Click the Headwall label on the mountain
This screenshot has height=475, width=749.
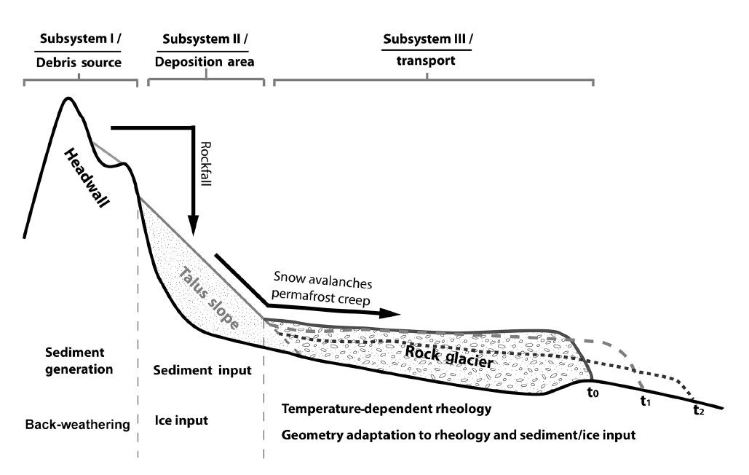tap(87, 178)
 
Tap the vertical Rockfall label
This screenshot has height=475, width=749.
tap(205, 164)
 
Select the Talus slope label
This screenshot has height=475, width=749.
tap(209, 298)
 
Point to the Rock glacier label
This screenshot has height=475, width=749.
tap(449, 356)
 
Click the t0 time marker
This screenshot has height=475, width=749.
tap(593, 393)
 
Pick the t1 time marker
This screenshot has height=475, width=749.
tap(646, 401)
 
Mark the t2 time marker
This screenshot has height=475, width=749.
tap(698, 409)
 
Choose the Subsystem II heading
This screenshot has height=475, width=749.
tap(205, 39)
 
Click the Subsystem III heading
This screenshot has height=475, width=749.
tap(428, 39)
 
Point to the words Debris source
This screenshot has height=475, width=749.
tap(79, 63)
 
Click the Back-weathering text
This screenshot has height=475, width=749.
tap(77, 424)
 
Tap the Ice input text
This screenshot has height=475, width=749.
tap(181, 420)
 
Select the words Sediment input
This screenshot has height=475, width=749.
tap(202, 370)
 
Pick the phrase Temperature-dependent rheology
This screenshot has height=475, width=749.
tap(387, 409)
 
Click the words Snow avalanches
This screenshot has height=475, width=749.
tap(323, 280)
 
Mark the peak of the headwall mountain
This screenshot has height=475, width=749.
tap(68, 98)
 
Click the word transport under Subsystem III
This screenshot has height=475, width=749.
tap(426, 61)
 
